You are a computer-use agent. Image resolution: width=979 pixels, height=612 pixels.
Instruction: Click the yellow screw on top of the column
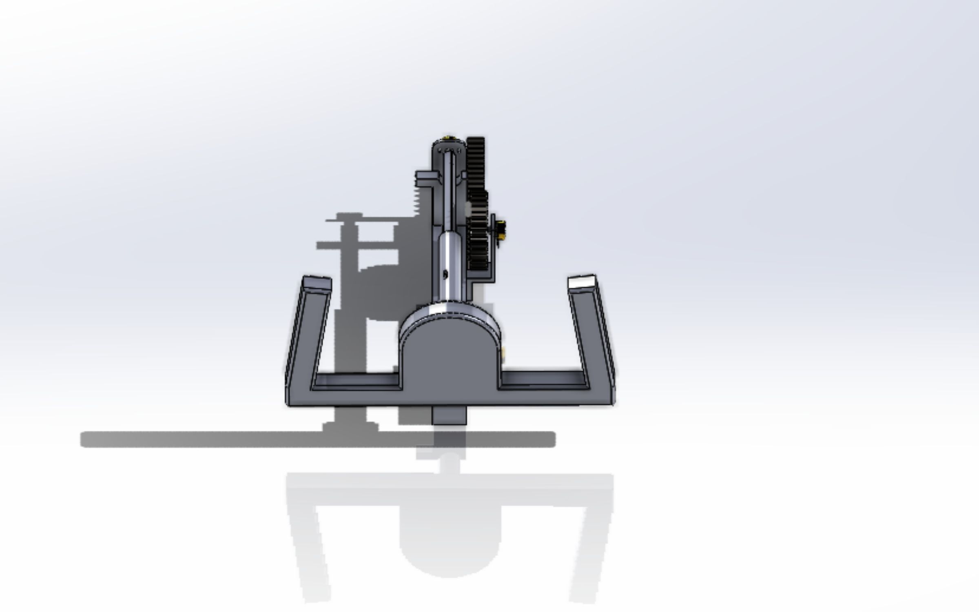[449, 137]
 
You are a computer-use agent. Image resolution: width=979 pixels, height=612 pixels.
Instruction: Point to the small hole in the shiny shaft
[445, 275]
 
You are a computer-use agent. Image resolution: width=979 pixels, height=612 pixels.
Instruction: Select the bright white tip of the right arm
[581, 282]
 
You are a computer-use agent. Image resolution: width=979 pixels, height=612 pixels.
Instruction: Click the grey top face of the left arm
[317, 282]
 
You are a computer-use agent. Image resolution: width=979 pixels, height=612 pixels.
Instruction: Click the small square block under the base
[449, 415]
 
